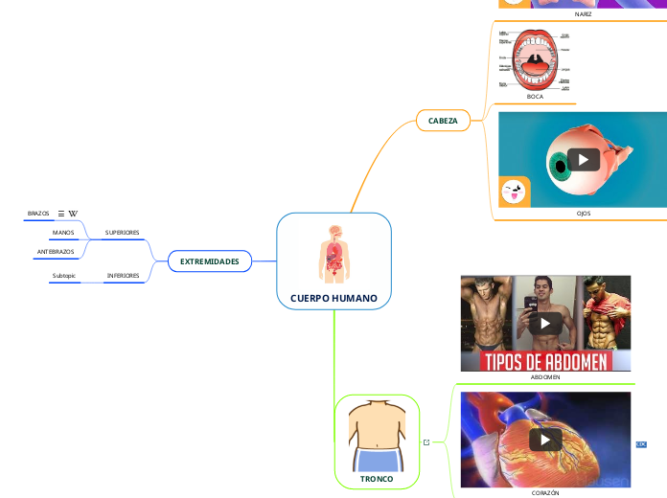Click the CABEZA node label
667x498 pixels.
coord(443,120)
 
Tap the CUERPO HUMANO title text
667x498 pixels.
coord(333,298)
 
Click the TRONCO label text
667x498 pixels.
coord(377,477)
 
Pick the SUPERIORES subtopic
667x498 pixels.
coord(122,233)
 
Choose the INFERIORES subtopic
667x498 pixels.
coord(123,275)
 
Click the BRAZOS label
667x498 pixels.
coord(38,214)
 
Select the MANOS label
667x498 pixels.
coord(63,233)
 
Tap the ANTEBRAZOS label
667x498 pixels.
coord(56,251)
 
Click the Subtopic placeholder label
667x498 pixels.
coord(64,276)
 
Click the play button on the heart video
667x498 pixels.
coord(545,440)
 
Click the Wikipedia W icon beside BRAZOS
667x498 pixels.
coord(74,214)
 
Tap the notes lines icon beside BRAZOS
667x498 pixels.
coord(61,214)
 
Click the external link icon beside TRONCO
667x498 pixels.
coord(425,441)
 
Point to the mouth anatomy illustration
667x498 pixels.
coord(535,59)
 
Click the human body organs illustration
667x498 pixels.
coord(333,254)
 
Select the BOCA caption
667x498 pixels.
coord(535,97)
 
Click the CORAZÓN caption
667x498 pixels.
coord(544,491)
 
